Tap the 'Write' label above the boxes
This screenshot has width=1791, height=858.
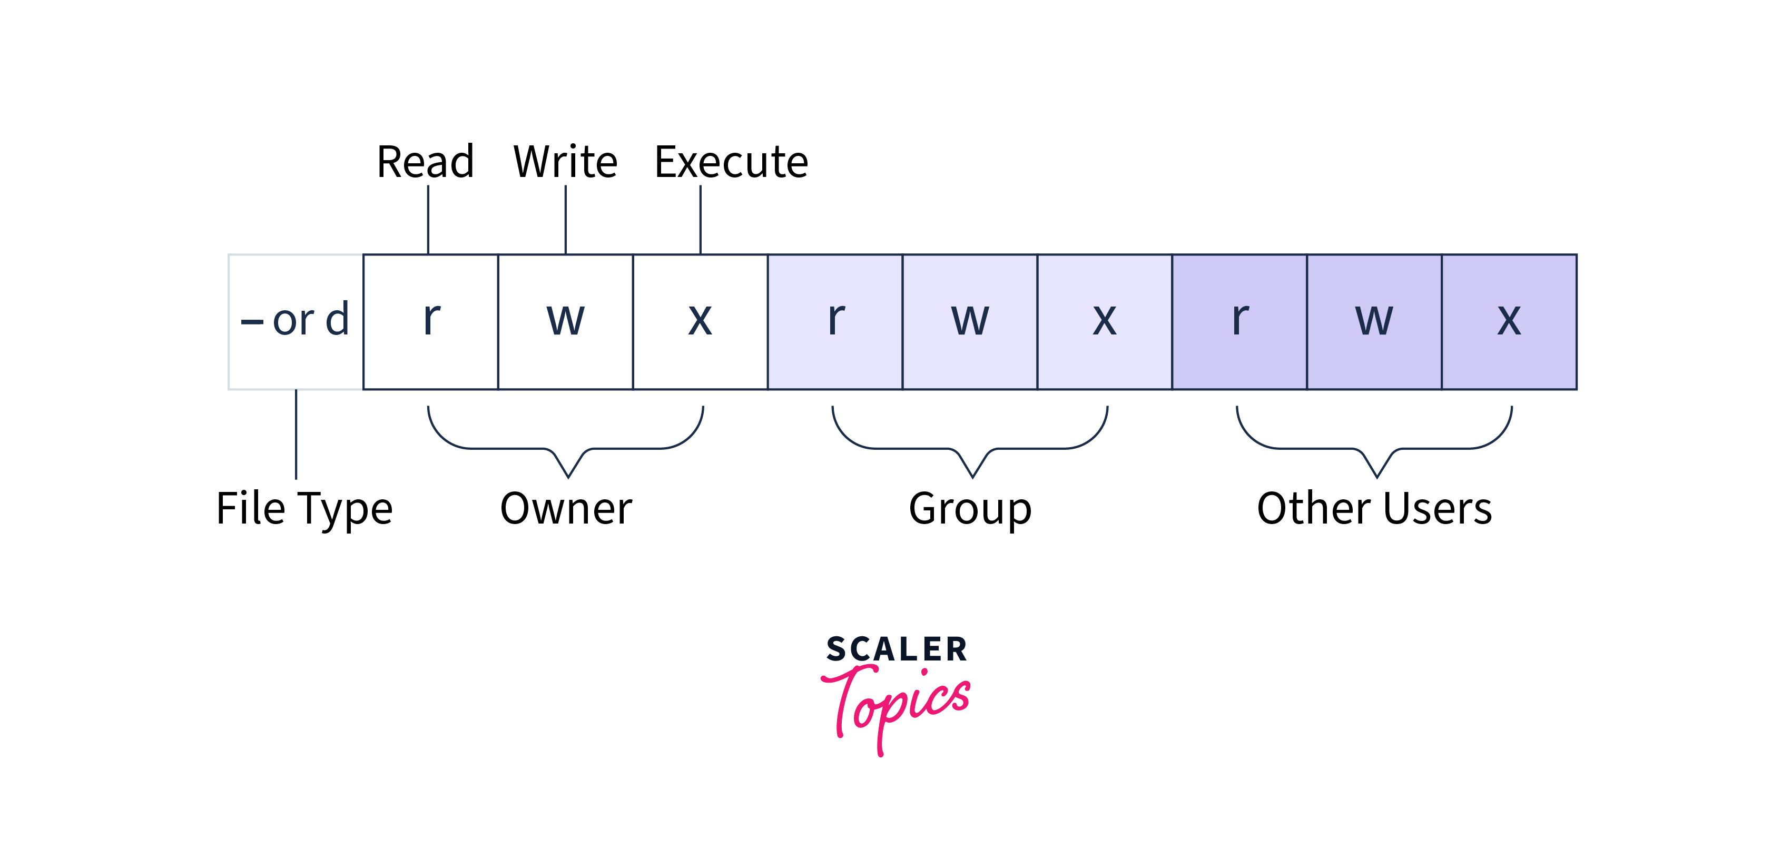(x=565, y=162)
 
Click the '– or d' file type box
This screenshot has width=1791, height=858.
(x=296, y=321)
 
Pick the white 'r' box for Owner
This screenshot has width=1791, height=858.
(x=430, y=321)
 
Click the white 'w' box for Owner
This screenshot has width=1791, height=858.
(x=565, y=321)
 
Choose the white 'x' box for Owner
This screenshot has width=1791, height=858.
(x=700, y=321)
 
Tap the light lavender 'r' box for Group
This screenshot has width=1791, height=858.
(x=835, y=321)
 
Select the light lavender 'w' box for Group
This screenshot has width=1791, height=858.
(x=970, y=321)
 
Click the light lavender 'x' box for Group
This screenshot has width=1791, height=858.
(x=1105, y=321)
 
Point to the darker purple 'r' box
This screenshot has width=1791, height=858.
(x=1239, y=321)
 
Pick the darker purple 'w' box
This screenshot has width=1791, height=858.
(x=1374, y=321)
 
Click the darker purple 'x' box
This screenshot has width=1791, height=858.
(x=1509, y=321)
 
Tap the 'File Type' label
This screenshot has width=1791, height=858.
(x=304, y=509)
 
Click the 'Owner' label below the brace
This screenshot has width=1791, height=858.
(x=566, y=509)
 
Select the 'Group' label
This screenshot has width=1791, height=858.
(x=971, y=509)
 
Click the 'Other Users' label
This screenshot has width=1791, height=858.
(x=1374, y=509)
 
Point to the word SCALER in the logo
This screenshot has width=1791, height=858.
(x=896, y=649)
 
